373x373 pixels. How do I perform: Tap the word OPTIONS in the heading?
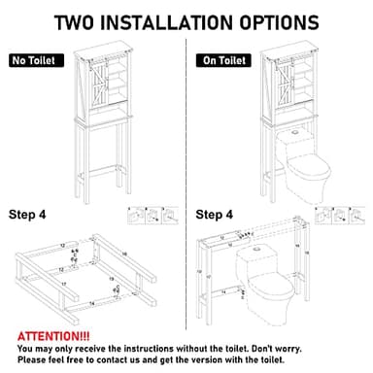[261, 21]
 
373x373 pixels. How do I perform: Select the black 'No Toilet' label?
[35, 60]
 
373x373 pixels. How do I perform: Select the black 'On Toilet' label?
[222, 60]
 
